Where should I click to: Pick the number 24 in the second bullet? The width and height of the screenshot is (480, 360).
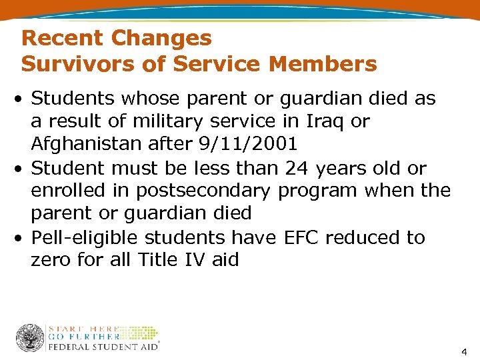[x=291, y=167]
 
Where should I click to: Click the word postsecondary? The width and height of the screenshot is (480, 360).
[x=205, y=191]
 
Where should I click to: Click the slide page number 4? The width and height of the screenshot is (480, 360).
[x=464, y=351]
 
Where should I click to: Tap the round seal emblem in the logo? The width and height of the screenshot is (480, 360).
[x=30, y=338]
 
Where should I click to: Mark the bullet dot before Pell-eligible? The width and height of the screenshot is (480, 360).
[x=23, y=238]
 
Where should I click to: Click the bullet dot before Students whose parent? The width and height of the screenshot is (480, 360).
[x=23, y=99]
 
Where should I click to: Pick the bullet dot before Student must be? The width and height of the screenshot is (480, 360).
[x=23, y=169]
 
